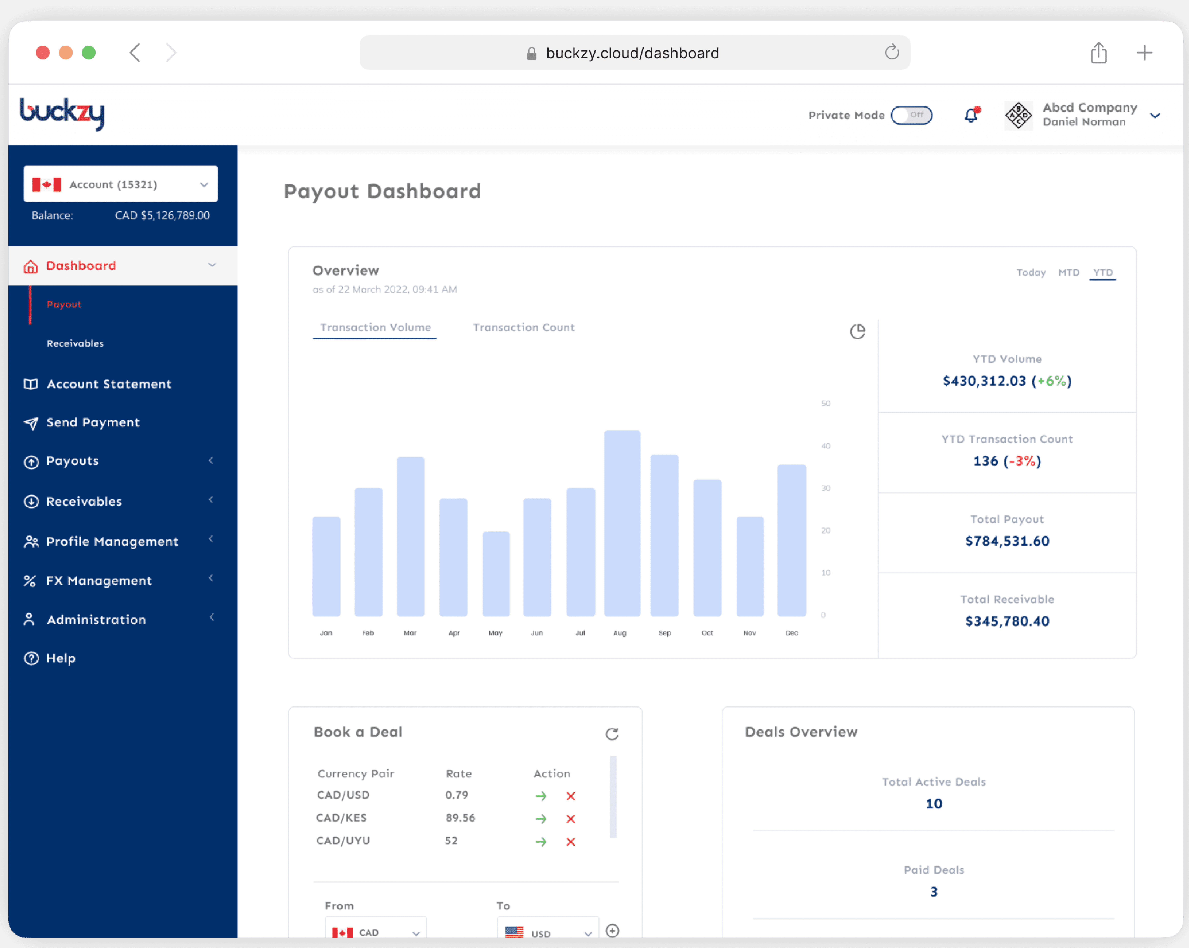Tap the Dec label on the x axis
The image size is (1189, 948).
[x=791, y=633]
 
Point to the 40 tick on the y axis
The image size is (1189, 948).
[x=826, y=445]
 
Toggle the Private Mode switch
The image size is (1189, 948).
[x=912, y=115]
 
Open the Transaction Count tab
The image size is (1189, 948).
[x=523, y=327]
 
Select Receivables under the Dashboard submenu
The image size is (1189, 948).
[x=75, y=343]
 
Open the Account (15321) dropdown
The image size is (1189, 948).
[x=121, y=184]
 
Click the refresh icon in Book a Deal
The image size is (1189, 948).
[x=612, y=734]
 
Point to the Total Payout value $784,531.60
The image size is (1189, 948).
[x=1007, y=541]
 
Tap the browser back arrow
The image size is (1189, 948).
[x=135, y=53]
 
